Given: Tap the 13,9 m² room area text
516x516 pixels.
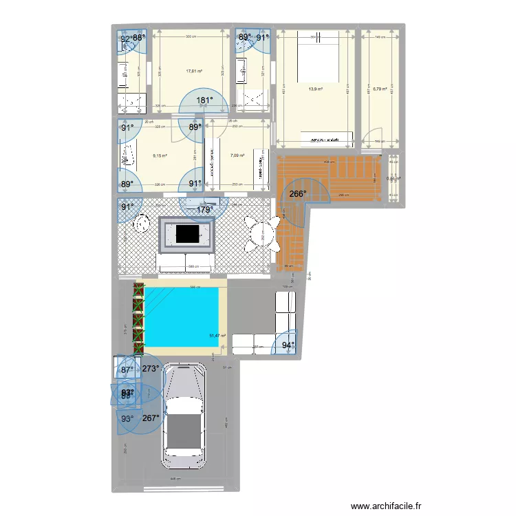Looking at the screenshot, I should coord(316,88).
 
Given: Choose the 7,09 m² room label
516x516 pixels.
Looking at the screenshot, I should coord(237,155).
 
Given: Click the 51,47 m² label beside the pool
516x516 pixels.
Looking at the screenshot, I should coord(218,336).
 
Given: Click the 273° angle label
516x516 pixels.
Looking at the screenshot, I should coord(151,369).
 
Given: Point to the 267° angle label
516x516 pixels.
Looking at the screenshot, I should coord(151,418).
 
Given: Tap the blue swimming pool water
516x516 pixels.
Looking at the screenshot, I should coord(181,317).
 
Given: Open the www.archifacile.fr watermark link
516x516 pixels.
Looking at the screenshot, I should coord(385,506).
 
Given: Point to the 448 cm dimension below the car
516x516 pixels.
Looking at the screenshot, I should coord(175,480).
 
